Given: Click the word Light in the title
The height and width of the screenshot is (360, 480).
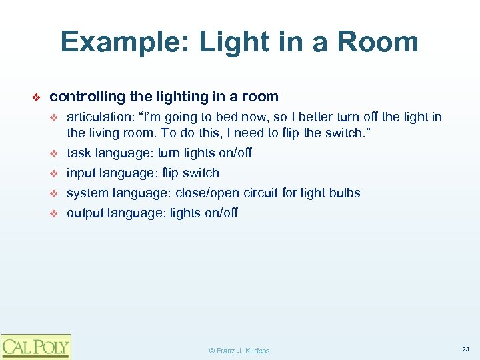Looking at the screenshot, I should (218, 43).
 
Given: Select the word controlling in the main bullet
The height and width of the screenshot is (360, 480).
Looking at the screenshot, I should (86, 97).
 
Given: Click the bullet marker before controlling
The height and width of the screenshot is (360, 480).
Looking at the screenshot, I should (37, 97).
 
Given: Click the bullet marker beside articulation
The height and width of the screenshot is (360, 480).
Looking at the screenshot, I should (56, 118).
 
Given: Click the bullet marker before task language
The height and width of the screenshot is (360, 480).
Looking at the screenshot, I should (56, 153).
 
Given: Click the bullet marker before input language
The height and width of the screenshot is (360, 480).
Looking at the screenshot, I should (56, 173).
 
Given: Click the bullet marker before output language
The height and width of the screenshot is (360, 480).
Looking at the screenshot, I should (56, 213).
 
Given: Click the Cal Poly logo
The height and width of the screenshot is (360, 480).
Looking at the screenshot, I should (35, 346).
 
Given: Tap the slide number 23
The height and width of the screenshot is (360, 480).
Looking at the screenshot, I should (465, 349).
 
